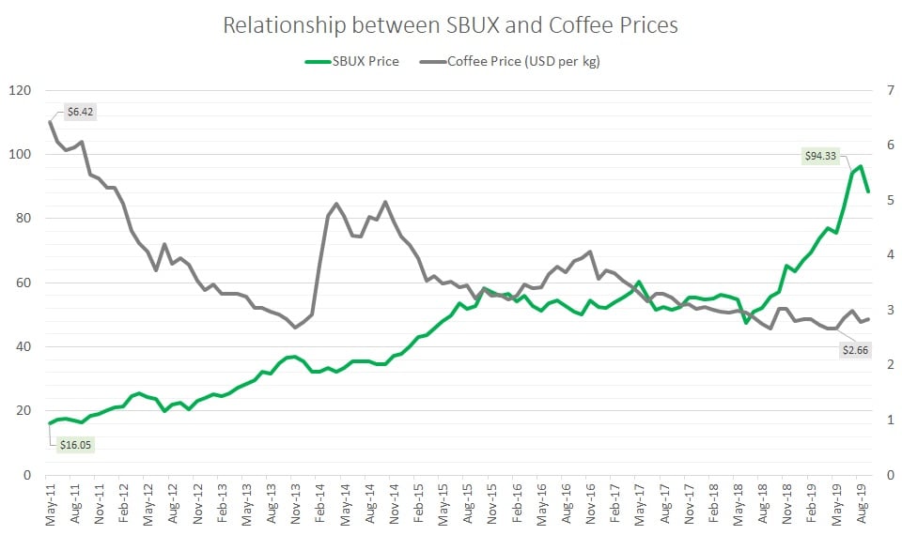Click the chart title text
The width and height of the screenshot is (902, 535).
[x=450, y=25]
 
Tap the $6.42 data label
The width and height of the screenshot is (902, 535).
[x=81, y=112]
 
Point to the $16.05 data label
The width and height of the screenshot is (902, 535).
[x=78, y=444]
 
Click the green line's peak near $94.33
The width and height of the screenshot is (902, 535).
[x=861, y=167]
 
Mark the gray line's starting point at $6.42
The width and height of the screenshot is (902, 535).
[x=50, y=122]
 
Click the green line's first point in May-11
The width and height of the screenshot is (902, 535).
[x=50, y=423]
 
